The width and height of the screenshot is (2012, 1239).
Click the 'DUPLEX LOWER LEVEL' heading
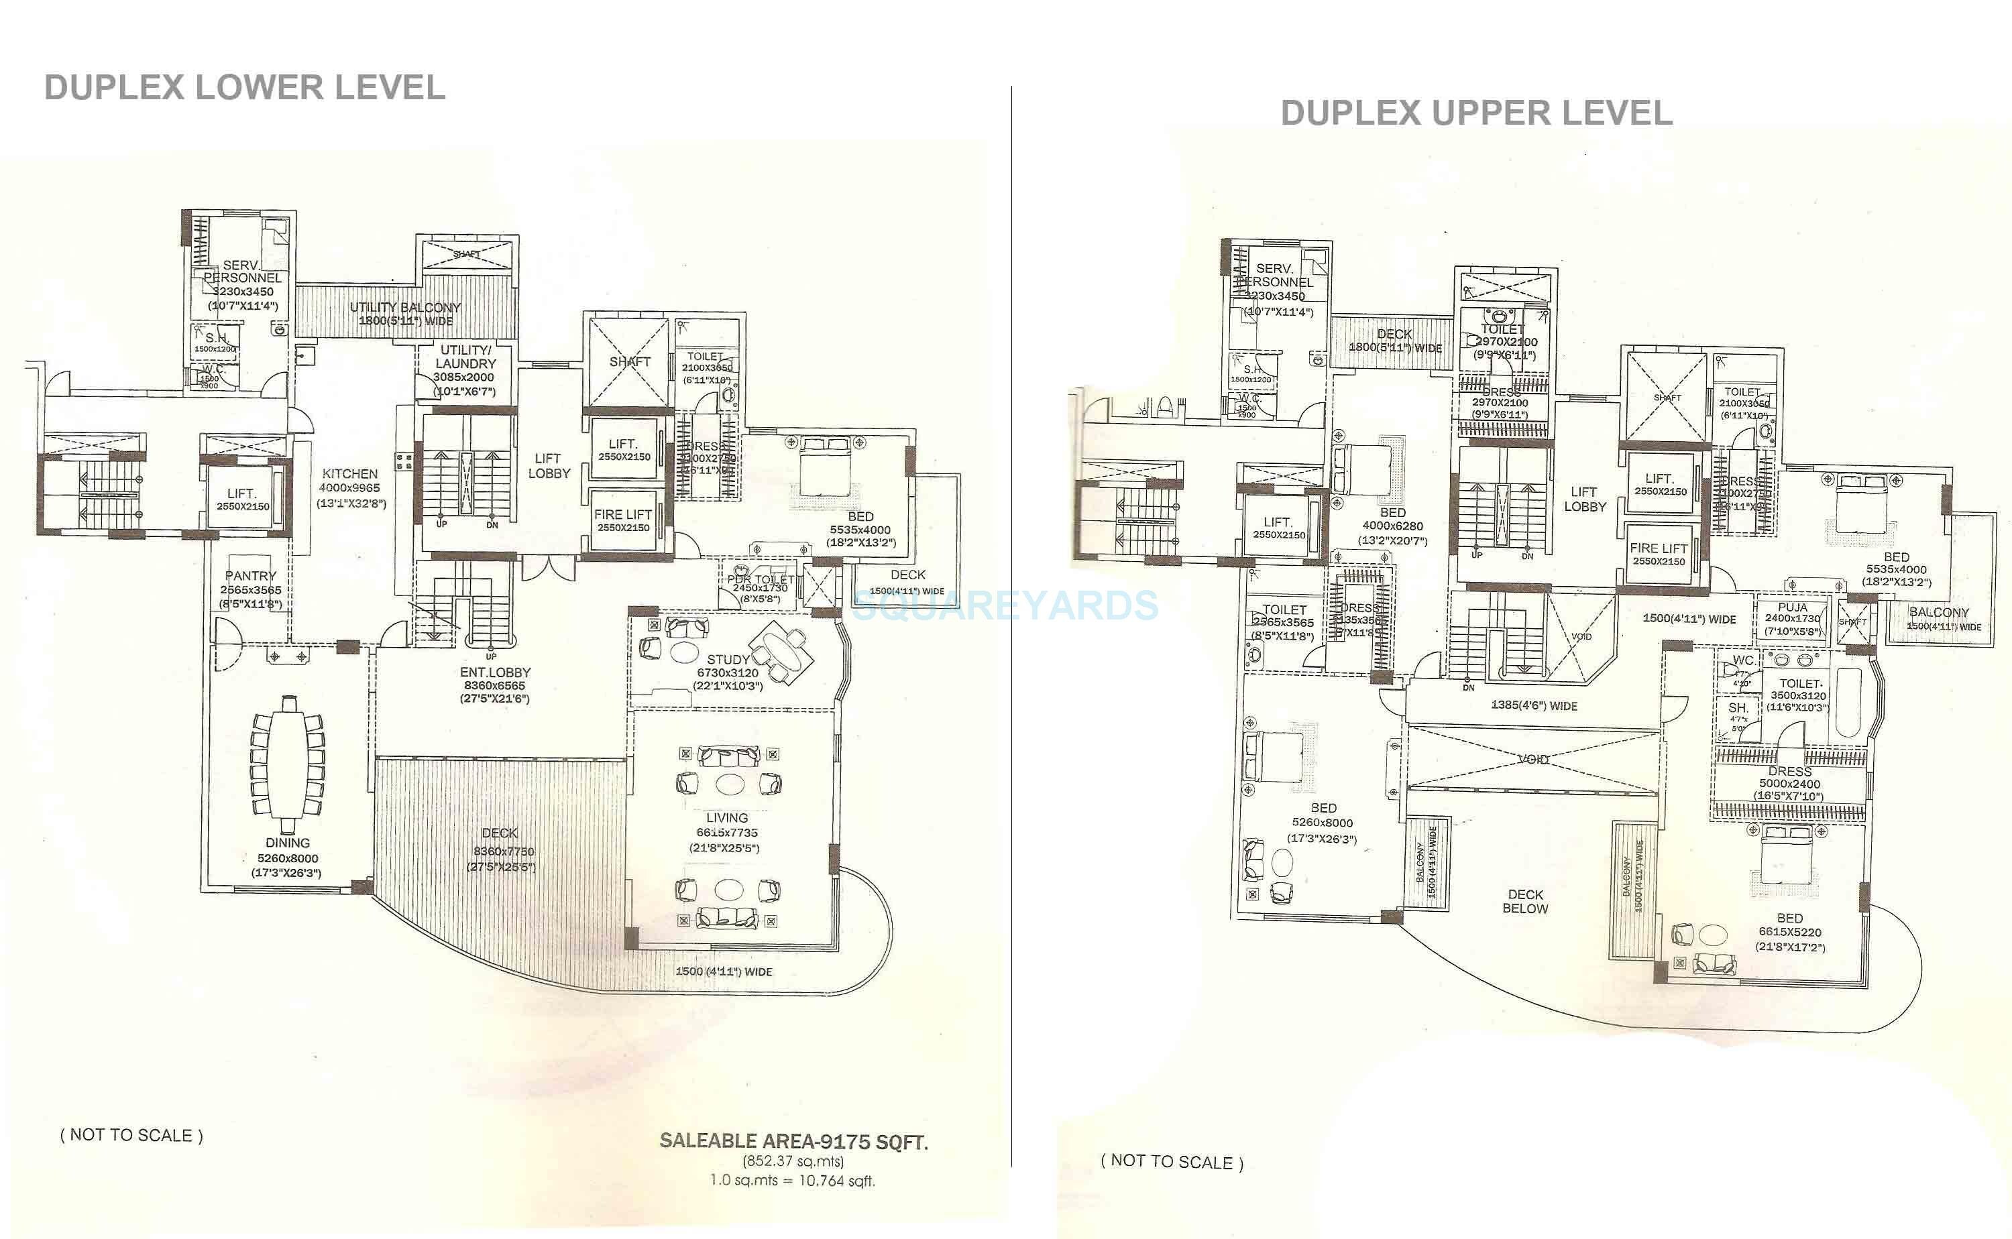pyautogui.click(x=244, y=88)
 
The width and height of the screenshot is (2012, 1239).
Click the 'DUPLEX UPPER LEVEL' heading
pyautogui.click(x=1476, y=113)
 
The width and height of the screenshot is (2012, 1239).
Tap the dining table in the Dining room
pyautogui.click(x=288, y=762)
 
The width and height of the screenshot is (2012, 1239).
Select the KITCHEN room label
pyautogui.click(x=350, y=473)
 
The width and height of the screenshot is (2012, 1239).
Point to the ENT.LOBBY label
pyautogui.click(x=495, y=672)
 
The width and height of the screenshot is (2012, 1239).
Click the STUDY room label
pyautogui.click(x=728, y=659)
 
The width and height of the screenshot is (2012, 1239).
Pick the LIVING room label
pyautogui.click(x=727, y=818)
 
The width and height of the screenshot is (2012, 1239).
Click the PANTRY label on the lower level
pyautogui.click(x=251, y=576)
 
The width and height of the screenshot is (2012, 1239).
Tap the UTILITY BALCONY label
pyautogui.click(x=405, y=307)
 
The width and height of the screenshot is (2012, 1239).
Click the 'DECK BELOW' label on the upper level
pyautogui.click(x=1525, y=901)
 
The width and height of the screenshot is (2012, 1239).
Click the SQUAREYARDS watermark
pyautogui.click(x=1005, y=606)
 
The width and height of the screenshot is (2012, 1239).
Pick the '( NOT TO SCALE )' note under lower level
pyautogui.click(x=131, y=1135)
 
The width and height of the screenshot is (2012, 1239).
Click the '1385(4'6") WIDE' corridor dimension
pyautogui.click(x=1533, y=705)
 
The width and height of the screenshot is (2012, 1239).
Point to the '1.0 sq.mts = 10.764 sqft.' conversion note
pyautogui.click(x=793, y=1181)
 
